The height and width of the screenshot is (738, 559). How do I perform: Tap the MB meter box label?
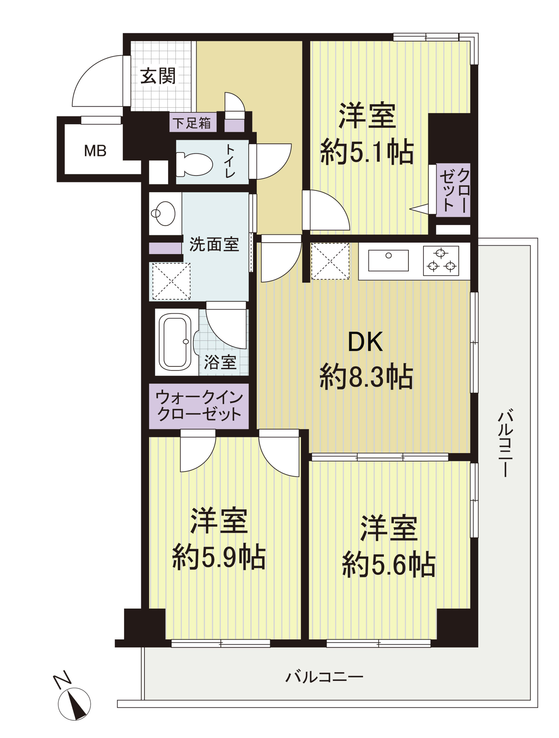click(95, 151)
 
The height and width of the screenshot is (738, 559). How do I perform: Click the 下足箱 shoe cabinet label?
click(192, 123)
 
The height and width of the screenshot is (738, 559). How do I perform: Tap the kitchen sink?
click(388, 261)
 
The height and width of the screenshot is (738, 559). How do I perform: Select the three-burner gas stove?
click(441, 261)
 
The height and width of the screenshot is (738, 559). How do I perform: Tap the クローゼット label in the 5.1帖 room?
click(454, 190)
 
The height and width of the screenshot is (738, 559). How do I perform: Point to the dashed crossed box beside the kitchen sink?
click(330, 261)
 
